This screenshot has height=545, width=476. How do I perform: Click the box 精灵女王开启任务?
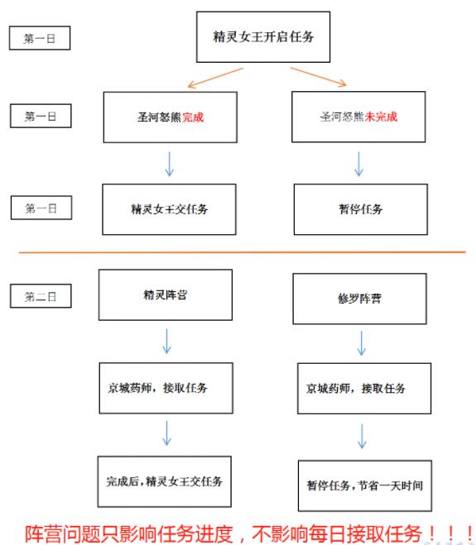click(263, 37)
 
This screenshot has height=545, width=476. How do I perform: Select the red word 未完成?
click(381, 117)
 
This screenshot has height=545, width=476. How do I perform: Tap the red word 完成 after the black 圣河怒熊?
click(193, 117)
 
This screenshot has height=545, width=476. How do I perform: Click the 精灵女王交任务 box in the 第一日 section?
click(169, 209)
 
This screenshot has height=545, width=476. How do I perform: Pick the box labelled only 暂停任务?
click(361, 209)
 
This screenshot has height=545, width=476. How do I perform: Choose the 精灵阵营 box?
click(166, 294)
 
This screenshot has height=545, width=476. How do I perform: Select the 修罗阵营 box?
click(359, 299)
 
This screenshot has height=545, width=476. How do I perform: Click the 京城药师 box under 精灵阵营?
click(166, 388)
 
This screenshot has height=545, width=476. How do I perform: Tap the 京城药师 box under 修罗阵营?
click(364, 388)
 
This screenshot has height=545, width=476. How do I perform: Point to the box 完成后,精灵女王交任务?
click(164, 482)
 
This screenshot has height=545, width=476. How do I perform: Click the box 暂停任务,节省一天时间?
click(365, 485)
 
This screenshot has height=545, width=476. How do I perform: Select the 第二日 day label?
click(41, 296)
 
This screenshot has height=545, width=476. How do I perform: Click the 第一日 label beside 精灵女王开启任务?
click(40, 38)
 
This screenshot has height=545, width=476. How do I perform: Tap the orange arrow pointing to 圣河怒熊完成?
click(215, 78)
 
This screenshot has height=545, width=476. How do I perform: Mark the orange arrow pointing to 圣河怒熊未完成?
click(319, 77)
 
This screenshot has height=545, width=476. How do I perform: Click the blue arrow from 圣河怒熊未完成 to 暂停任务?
click(358, 164)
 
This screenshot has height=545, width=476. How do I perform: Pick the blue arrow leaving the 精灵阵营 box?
click(166, 342)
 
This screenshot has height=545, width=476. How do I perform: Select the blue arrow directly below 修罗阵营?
click(362, 343)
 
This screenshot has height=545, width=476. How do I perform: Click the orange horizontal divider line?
click(243, 252)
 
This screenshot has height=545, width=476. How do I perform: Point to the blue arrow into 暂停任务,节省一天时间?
click(362, 436)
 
